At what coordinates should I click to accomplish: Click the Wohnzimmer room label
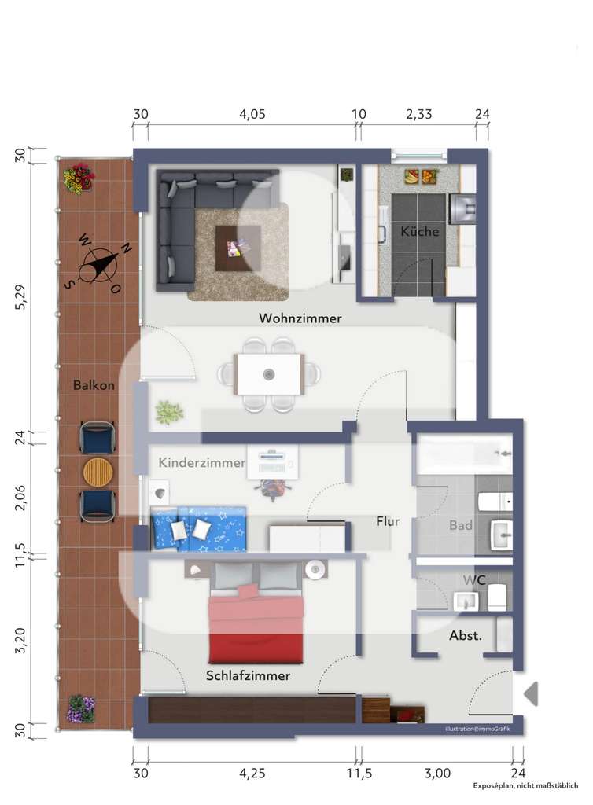pyautogui.click(x=300, y=318)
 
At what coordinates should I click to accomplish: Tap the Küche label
pyautogui.click(x=419, y=232)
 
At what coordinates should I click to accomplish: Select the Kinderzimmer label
pyautogui.click(x=202, y=463)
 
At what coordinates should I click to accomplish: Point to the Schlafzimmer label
pyautogui.click(x=248, y=675)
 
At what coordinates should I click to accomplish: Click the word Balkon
pyautogui.click(x=94, y=385)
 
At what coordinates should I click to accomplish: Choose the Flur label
pyautogui.click(x=388, y=520)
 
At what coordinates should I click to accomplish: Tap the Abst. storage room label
pyautogui.click(x=465, y=636)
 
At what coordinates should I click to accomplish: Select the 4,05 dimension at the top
pyautogui.click(x=252, y=114)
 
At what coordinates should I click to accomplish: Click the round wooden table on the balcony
pyautogui.click(x=98, y=472)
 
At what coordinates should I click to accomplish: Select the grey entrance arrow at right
pyautogui.click(x=531, y=693)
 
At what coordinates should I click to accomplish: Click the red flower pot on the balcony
pyautogui.click(x=79, y=178)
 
